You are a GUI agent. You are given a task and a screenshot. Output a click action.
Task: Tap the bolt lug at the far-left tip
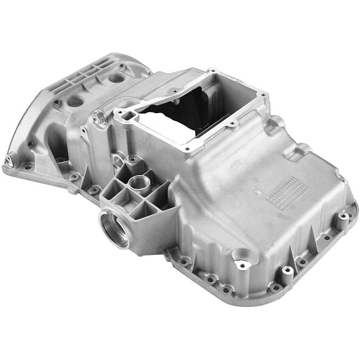(9, 161)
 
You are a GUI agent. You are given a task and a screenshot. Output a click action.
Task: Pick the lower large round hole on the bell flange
(75, 101)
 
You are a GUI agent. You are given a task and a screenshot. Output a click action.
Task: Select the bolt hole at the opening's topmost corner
(213, 71)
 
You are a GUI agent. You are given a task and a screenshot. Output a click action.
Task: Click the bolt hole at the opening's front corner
(187, 149)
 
